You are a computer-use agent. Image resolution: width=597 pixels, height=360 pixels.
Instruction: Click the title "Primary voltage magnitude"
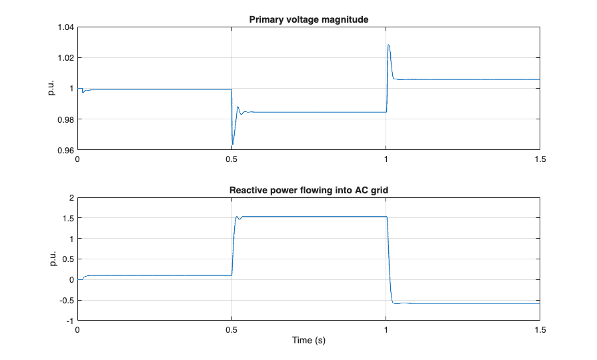(308, 19)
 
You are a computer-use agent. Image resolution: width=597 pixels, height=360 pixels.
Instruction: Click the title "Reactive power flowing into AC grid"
(308, 190)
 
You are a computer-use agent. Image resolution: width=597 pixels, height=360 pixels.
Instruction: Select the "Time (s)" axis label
(308, 340)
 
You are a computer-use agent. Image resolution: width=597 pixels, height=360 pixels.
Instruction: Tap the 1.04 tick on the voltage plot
(65, 27)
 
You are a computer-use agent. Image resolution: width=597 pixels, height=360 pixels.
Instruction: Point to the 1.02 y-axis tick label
(65, 58)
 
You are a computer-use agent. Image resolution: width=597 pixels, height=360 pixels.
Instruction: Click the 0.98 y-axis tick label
(65, 119)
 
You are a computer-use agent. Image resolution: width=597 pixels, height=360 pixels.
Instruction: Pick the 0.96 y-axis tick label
(65, 150)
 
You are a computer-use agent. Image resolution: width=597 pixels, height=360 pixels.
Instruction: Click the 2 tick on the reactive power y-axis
(71, 198)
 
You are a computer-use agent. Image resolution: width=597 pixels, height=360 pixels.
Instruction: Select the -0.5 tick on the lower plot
(66, 300)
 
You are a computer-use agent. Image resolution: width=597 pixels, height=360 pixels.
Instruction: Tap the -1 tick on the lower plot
(70, 321)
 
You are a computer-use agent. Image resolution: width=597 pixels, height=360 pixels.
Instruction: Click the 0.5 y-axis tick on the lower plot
(67, 259)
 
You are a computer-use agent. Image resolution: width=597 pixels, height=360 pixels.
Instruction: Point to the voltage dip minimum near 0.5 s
(232, 144)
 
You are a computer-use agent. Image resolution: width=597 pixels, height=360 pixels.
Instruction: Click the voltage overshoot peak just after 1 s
(388, 45)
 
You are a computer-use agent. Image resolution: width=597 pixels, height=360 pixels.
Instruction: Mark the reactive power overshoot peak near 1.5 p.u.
(237, 216)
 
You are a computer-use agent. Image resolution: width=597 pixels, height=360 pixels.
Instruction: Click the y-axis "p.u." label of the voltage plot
(51, 89)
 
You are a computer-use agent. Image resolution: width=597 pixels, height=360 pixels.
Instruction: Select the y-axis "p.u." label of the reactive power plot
(51, 259)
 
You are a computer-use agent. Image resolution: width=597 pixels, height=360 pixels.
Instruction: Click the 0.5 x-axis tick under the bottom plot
(231, 330)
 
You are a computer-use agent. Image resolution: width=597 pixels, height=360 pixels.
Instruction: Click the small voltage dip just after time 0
(83, 92)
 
